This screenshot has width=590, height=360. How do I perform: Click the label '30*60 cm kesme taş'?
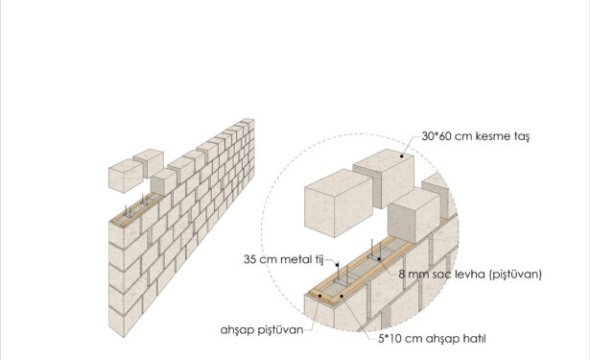click(x=475, y=136)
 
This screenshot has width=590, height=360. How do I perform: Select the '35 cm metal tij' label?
click(x=283, y=259)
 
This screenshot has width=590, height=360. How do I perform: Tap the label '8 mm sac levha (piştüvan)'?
click(x=470, y=275)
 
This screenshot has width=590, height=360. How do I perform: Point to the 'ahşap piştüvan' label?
click(x=262, y=330)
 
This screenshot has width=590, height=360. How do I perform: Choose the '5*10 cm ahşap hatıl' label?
click(x=432, y=339)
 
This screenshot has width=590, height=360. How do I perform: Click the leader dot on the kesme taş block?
click(x=402, y=156)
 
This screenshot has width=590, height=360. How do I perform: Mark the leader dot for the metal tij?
click(x=338, y=265)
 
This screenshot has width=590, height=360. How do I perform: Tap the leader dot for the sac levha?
click(x=379, y=259)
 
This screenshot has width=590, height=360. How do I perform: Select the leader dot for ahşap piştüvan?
click(x=319, y=296)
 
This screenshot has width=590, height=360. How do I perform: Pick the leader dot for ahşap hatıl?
click(x=342, y=296)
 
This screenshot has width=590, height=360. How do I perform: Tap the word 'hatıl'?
click(x=475, y=339)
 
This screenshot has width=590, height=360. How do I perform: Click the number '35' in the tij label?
click(x=249, y=259)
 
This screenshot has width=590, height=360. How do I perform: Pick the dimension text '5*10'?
click(x=389, y=339)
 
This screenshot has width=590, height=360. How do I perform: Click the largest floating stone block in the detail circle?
click(x=339, y=204)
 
